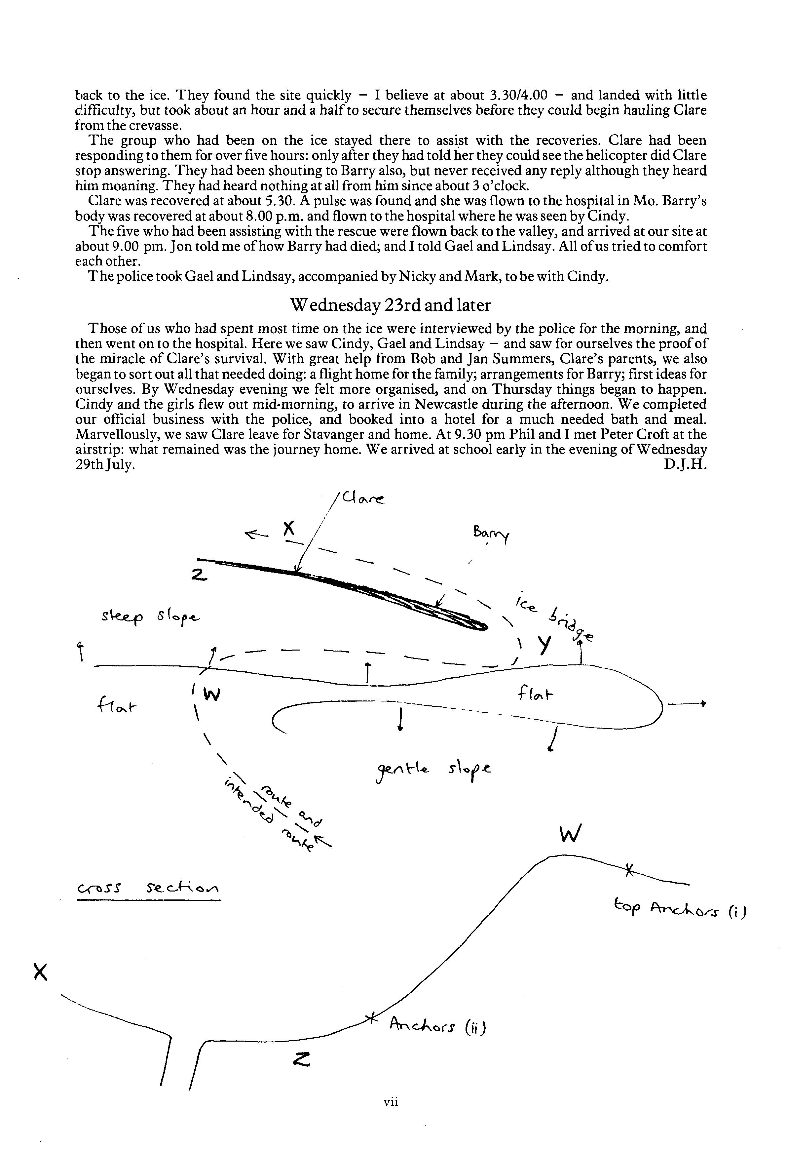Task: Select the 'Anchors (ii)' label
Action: pyautogui.click(x=437, y=1026)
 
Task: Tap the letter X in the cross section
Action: pyautogui.click(x=41, y=972)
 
